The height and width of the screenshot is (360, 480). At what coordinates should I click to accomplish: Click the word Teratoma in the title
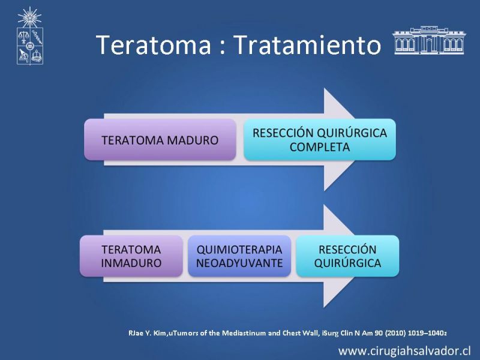(x=154, y=44)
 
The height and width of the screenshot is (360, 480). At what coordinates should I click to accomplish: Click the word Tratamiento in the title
(x=307, y=44)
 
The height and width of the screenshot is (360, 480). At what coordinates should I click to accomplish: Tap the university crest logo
(x=29, y=36)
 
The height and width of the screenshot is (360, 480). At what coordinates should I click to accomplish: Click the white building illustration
(x=429, y=40)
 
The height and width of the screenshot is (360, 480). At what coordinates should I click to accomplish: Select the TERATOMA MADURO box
(x=160, y=140)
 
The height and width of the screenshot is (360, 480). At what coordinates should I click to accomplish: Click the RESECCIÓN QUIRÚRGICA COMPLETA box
(x=320, y=140)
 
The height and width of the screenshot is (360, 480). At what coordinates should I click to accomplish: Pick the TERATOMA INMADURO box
(x=131, y=256)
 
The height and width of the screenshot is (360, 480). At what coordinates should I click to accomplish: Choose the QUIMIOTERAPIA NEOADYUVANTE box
(x=239, y=256)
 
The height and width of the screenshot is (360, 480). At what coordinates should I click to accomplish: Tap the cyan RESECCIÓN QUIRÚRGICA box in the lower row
(x=347, y=256)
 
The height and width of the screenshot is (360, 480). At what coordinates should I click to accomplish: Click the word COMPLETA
(x=320, y=147)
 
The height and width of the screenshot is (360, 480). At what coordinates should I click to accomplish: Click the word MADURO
(x=193, y=140)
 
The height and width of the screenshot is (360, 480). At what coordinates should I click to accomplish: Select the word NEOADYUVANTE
(x=239, y=263)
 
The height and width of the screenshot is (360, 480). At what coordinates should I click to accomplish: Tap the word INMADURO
(x=131, y=263)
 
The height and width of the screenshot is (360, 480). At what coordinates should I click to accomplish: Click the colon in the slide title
(x=223, y=47)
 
